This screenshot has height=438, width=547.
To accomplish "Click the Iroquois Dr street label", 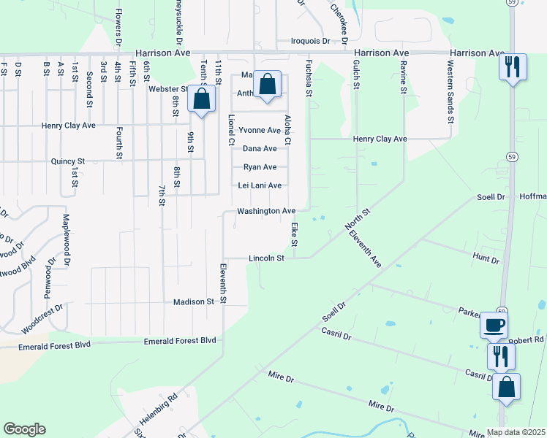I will click(311, 41).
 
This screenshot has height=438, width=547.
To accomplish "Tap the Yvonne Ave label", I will click(260, 131).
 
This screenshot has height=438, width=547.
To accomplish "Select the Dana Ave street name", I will click(260, 148).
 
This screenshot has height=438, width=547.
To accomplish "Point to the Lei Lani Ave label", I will click(260, 185).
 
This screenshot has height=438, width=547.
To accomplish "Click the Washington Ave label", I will click(265, 211).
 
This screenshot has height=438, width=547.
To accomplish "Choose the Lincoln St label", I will click(266, 258).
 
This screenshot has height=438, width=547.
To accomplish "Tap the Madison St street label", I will click(193, 301).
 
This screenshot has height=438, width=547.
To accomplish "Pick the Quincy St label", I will click(68, 161).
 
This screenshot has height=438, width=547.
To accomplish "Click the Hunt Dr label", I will click(486, 259).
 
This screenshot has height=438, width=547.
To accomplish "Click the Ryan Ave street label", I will click(260, 167).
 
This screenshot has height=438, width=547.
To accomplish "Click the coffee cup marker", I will click(494, 324).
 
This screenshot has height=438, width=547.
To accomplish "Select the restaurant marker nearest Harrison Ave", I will click(511, 68).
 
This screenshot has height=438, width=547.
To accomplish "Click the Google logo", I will click(24, 429).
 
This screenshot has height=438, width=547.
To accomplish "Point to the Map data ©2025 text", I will click(516, 432).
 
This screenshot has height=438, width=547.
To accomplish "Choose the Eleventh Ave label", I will click(365, 248).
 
